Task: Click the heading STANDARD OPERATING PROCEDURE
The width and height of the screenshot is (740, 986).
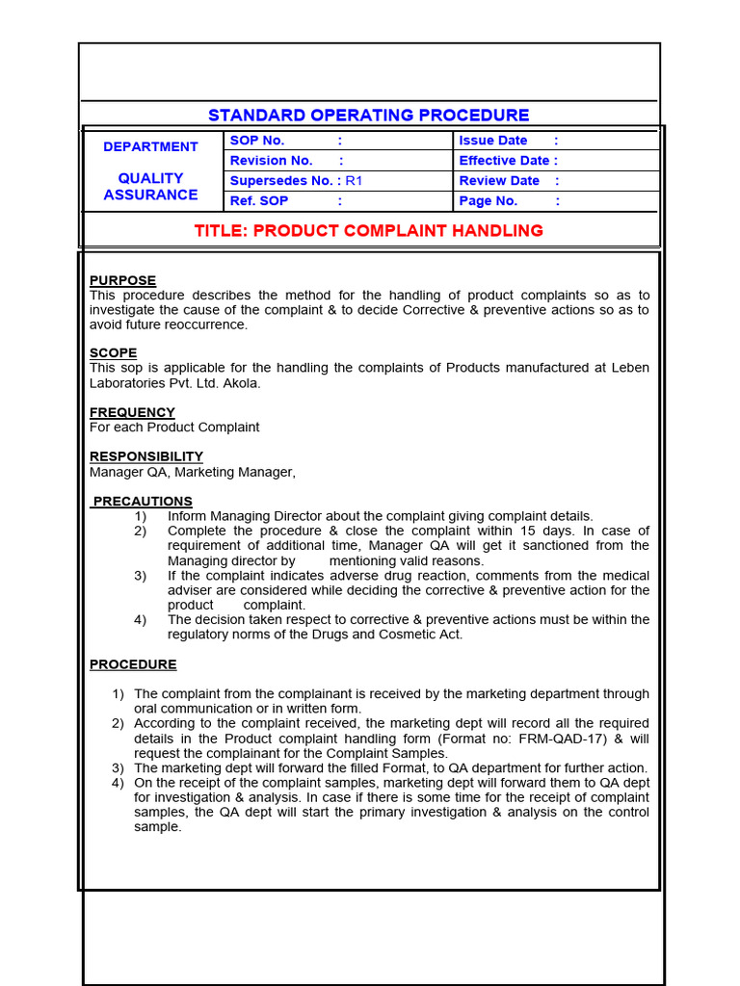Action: pos(369,116)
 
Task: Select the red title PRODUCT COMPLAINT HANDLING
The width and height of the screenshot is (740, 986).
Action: pos(369,231)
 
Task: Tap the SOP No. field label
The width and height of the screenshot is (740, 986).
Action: pos(257,141)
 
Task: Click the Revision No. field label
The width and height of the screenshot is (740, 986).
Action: pos(271,161)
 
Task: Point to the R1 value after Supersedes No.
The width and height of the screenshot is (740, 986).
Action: pos(354,181)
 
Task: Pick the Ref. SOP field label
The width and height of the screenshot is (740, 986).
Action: pos(259,201)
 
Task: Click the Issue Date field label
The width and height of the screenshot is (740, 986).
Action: pos(493,141)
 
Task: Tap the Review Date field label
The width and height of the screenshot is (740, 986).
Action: pos(499,181)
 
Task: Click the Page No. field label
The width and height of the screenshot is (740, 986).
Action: pos(489,201)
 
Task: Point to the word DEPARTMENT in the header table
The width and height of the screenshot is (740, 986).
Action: pos(150,147)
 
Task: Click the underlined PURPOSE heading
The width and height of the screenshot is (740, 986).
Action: pos(122,281)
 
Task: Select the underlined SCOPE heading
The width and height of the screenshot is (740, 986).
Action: pos(114,353)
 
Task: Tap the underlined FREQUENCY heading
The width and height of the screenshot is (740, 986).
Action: pos(132,413)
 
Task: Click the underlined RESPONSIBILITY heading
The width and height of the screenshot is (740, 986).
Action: pos(146,456)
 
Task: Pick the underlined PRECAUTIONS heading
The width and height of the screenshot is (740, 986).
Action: pos(143,502)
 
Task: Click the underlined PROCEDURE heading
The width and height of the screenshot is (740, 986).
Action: pos(133,664)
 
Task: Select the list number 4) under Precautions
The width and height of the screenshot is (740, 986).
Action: pos(141,620)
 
